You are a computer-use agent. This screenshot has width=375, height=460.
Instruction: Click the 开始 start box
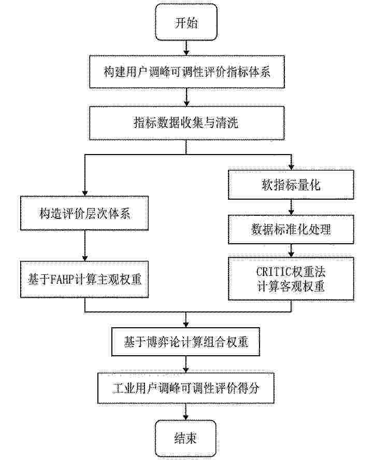(x=186, y=23)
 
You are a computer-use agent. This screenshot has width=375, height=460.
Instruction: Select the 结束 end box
(x=186, y=438)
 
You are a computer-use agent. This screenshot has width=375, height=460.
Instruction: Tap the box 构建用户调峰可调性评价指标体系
(x=187, y=72)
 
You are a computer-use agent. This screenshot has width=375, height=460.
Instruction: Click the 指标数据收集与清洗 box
(x=187, y=123)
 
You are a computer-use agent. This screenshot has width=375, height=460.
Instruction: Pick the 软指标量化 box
(x=291, y=185)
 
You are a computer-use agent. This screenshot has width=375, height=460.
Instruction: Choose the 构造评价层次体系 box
(x=84, y=213)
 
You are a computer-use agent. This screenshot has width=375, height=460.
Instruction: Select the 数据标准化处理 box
(x=291, y=229)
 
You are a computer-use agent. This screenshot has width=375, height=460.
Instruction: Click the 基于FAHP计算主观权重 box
(x=84, y=280)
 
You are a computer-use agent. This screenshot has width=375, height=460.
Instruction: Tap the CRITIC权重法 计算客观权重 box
(x=291, y=278)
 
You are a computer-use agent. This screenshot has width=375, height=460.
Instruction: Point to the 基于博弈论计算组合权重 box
(x=186, y=342)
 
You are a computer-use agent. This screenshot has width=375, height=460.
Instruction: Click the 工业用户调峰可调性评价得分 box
(x=186, y=388)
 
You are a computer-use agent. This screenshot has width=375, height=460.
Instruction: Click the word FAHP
(x=62, y=280)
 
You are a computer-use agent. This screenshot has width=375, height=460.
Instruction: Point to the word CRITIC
(x=274, y=271)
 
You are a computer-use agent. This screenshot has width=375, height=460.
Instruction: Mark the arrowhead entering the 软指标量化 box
(x=291, y=166)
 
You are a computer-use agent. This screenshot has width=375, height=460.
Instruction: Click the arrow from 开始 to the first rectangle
(x=186, y=48)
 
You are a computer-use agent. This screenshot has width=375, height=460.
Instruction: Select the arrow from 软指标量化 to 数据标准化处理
(x=291, y=207)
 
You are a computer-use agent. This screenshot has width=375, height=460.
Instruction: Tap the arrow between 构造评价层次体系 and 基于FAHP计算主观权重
(x=84, y=246)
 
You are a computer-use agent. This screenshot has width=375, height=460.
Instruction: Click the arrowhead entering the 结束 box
(x=186, y=416)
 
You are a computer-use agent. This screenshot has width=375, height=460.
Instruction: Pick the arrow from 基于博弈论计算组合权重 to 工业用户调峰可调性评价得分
(x=186, y=365)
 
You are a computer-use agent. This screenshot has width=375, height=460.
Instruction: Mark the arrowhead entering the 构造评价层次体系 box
(x=84, y=193)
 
